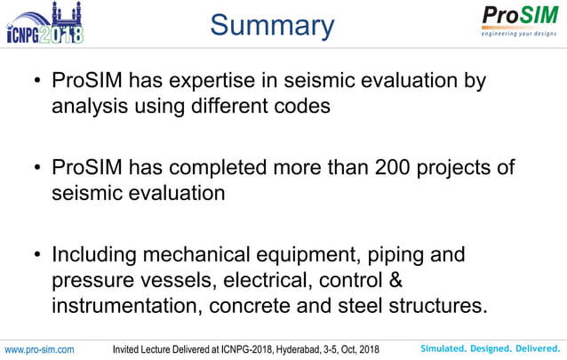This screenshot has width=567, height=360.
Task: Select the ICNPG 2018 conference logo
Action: [45, 23]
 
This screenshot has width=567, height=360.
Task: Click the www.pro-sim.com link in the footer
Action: [39, 348]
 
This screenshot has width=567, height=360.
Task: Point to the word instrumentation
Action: [119, 307]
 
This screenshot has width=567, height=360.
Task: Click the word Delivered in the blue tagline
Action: [537, 348]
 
